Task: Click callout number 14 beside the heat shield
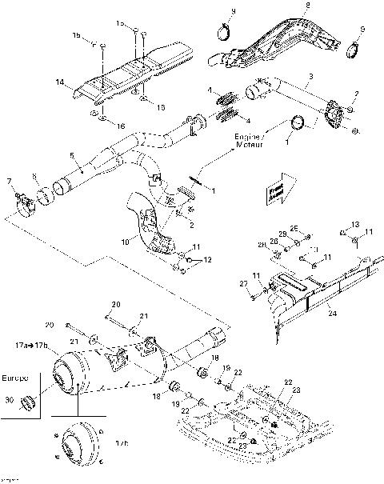[x=58, y=82]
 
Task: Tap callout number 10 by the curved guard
[x=125, y=239]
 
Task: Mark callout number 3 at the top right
[x=310, y=75]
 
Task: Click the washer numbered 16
[x=98, y=118]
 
